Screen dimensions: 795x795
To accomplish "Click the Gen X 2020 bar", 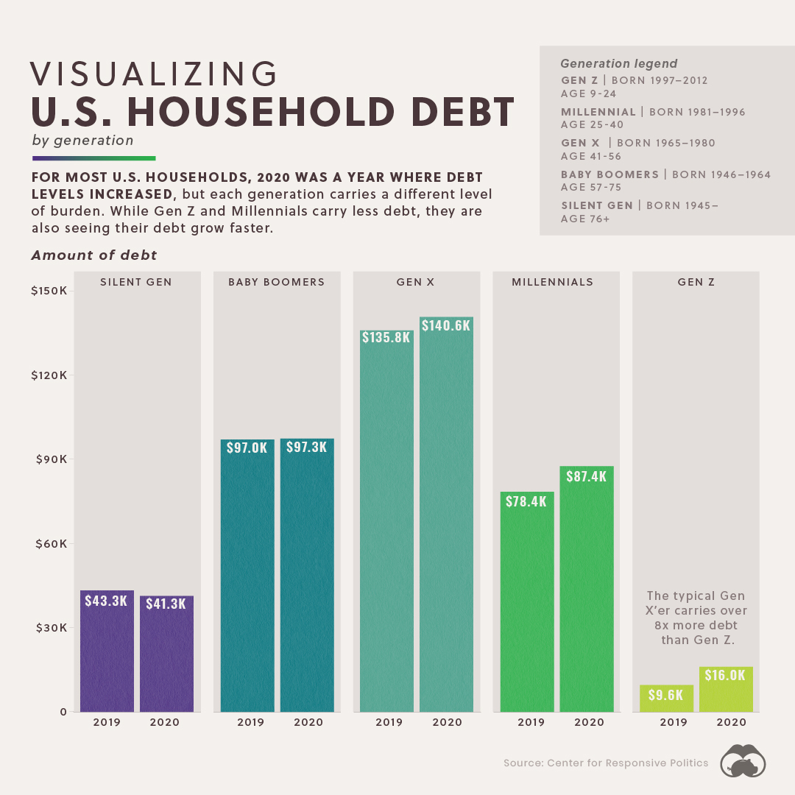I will pyautogui.click(x=446, y=515).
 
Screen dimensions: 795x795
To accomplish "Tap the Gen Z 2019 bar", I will pyautogui.click(x=666, y=699).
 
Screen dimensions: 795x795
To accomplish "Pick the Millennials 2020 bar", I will pyautogui.click(x=586, y=589).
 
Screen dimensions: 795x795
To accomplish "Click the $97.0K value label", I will pyautogui.click(x=247, y=448).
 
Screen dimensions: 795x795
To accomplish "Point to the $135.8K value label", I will pyautogui.click(x=386, y=339).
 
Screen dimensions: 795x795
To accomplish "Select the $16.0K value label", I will pyautogui.click(x=725, y=675).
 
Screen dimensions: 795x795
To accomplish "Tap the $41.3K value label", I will pyautogui.click(x=166, y=604).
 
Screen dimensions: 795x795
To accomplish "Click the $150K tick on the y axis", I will pyautogui.click(x=49, y=291).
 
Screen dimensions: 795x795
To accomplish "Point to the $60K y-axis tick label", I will pyautogui.click(x=51, y=544).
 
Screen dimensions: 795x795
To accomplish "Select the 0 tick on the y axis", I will pyautogui.click(x=64, y=712).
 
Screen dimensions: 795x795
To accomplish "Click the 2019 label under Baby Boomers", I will pyautogui.click(x=250, y=722).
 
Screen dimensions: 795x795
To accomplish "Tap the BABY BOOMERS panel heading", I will pyautogui.click(x=276, y=282).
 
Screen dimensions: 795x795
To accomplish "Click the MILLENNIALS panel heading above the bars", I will pyautogui.click(x=553, y=282).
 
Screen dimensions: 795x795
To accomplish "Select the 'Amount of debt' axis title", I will pyautogui.click(x=94, y=255).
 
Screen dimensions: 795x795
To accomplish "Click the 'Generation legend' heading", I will pyautogui.click(x=618, y=64).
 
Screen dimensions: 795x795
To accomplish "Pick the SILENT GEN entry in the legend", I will pyautogui.click(x=596, y=205).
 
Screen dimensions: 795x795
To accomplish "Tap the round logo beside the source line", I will pyautogui.click(x=742, y=762).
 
